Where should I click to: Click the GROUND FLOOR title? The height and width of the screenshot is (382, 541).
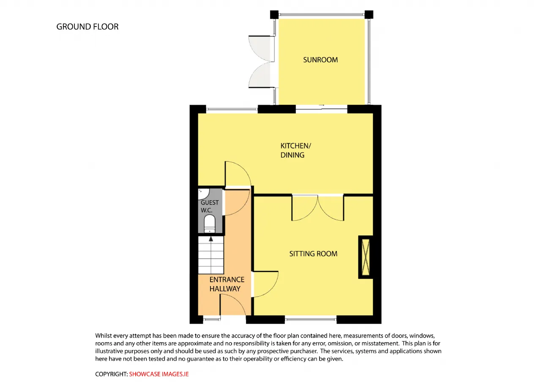click(87, 27)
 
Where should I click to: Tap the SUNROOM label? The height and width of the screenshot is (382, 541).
click(320, 60)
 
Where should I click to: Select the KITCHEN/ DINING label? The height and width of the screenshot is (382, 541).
click(295, 150)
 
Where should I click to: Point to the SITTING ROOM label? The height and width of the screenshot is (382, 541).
click(313, 254)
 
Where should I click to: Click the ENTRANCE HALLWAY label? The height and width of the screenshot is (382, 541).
click(227, 284)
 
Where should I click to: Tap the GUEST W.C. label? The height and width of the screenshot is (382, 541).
click(210, 206)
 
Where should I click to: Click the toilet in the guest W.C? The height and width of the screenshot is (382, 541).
click(209, 224)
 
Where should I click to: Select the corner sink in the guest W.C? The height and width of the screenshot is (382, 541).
click(203, 194)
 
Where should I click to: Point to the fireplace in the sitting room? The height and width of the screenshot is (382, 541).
click(366, 257)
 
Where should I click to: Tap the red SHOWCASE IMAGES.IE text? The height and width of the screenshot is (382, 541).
click(158, 374)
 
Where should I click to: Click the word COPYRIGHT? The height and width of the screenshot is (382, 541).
click(111, 374)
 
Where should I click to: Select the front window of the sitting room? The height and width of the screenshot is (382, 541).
click(311, 319)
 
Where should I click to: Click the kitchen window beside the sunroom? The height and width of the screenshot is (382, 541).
click(232, 109)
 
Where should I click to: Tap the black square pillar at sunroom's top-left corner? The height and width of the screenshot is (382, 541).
click(274, 14)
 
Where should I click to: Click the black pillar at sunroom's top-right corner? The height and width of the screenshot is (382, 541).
click(369, 14)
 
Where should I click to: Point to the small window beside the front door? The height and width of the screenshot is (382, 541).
click(212, 319)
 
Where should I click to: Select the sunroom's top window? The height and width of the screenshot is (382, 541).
click(322, 15)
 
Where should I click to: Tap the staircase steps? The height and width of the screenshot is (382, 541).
click(211, 255)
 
